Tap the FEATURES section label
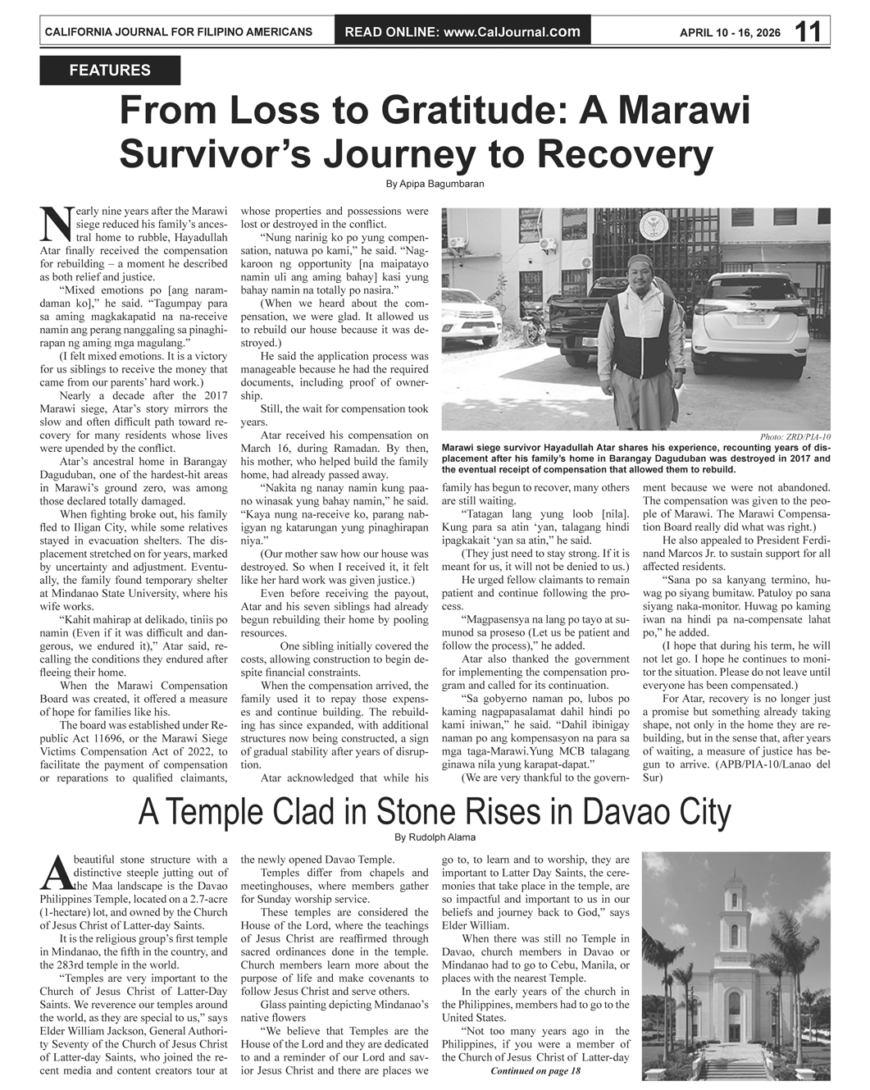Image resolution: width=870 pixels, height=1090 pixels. (x=110, y=71)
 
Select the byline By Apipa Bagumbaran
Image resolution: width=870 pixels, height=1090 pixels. (x=435, y=184)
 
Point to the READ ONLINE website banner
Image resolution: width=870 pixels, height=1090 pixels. (x=462, y=32)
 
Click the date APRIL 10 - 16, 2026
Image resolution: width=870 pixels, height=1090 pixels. (x=730, y=33)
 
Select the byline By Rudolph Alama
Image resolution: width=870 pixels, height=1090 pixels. (x=435, y=837)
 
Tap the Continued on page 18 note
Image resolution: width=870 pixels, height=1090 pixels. (x=535, y=1071)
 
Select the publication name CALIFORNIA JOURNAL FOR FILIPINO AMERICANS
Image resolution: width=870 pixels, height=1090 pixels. (x=178, y=32)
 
